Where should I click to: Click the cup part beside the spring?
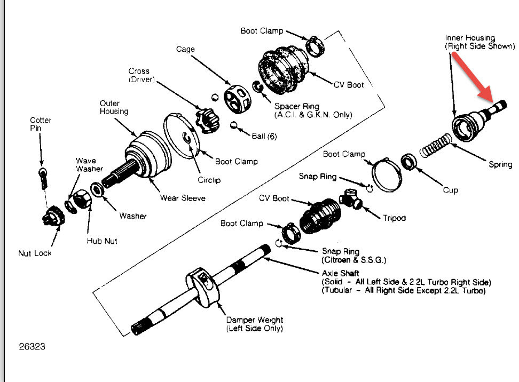point(410,161)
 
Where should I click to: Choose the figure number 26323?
point(32,346)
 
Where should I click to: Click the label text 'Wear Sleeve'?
point(183,198)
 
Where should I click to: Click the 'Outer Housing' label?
point(114,107)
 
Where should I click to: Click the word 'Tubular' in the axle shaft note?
point(340,291)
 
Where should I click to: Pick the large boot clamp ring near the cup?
point(385,173)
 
